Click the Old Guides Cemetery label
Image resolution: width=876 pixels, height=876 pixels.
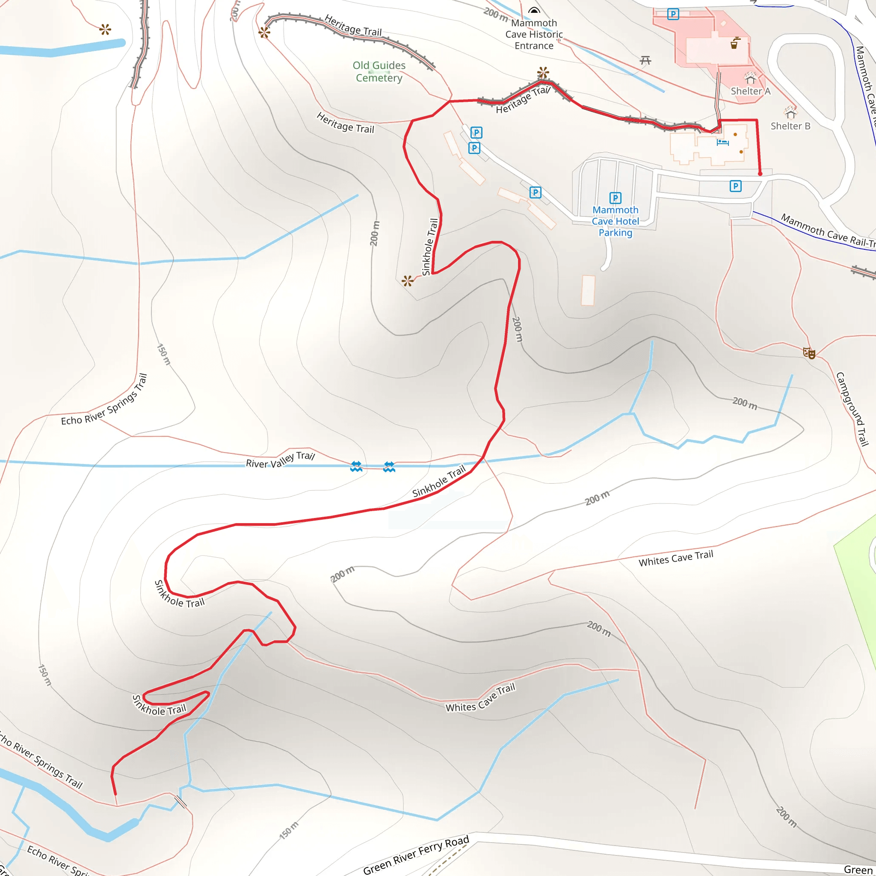pyautogui.click(x=379, y=71)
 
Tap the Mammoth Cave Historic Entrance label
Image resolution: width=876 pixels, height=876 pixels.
pyautogui.click(x=534, y=35)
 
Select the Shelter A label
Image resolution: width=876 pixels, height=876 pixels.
pyautogui.click(x=750, y=91)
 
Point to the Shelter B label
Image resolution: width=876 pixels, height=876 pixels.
pyautogui.click(x=790, y=126)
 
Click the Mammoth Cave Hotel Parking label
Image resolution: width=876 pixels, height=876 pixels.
pyautogui.click(x=615, y=221)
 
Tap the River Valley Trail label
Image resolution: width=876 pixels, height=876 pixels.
pyautogui.click(x=280, y=460)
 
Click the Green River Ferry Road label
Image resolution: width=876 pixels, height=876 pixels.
pyautogui.click(x=416, y=855)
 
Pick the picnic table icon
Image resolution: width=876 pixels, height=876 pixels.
pyautogui.click(x=645, y=60)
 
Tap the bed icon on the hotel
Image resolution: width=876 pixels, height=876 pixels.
pyautogui.click(x=722, y=142)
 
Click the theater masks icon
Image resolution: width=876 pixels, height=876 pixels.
pyautogui.click(x=809, y=353)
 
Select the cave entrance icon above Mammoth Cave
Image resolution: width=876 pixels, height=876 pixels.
pyautogui.click(x=535, y=10)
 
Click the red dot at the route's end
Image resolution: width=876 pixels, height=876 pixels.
pyautogui.click(x=760, y=174)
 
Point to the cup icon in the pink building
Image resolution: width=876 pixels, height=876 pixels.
pyautogui.click(x=734, y=43)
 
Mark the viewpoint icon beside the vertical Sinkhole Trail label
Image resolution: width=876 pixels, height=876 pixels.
pyautogui.click(x=407, y=281)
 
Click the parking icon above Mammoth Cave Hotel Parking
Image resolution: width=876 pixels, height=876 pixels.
pyautogui.click(x=615, y=198)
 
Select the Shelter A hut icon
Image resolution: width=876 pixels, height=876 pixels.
pyautogui.click(x=750, y=78)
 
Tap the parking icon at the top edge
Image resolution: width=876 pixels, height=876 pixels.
pyautogui.click(x=673, y=14)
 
